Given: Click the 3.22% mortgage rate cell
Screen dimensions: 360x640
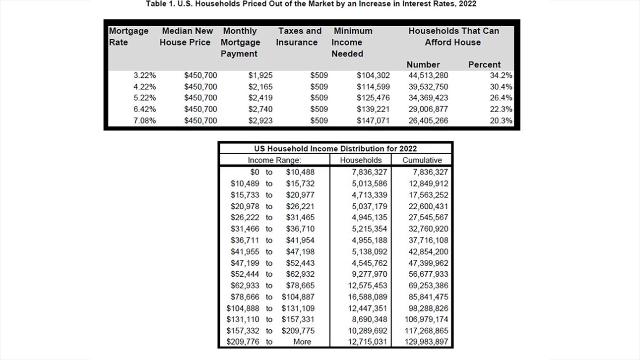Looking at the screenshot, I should pyautogui.click(x=144, y=75).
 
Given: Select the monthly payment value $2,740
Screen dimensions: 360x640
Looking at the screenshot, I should pyautogui.click(x=260, y=109).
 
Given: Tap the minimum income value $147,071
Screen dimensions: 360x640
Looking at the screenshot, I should pyautogui.click(x=373, y=120).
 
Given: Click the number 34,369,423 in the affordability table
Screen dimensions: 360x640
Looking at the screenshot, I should pyautogui.click(x=428, y=98).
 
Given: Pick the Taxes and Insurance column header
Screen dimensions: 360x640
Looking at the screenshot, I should pyautogui.click(x=299, y=37).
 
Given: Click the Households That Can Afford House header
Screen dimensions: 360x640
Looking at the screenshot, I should pyautogui.click(x=453, y=37).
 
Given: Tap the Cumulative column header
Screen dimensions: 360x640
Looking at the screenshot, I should pyautogui.click(x=422, y=160).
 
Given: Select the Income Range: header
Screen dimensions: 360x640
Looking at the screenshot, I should pyautogui.click(x=274, y=160).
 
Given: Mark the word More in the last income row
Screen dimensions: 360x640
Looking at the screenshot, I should pyautogui.click(x=302, y=342).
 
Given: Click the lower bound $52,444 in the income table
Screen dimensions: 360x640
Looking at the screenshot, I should pyautogui.click(x=245, y=274).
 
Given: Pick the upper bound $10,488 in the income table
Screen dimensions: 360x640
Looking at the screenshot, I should pyautogui.click(x=300, y=172).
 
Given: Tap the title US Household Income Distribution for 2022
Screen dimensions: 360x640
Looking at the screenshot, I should pyautogui.click(x=335, y=148).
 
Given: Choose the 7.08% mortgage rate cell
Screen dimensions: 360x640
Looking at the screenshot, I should pyautogui.click(x=144, y=120).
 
